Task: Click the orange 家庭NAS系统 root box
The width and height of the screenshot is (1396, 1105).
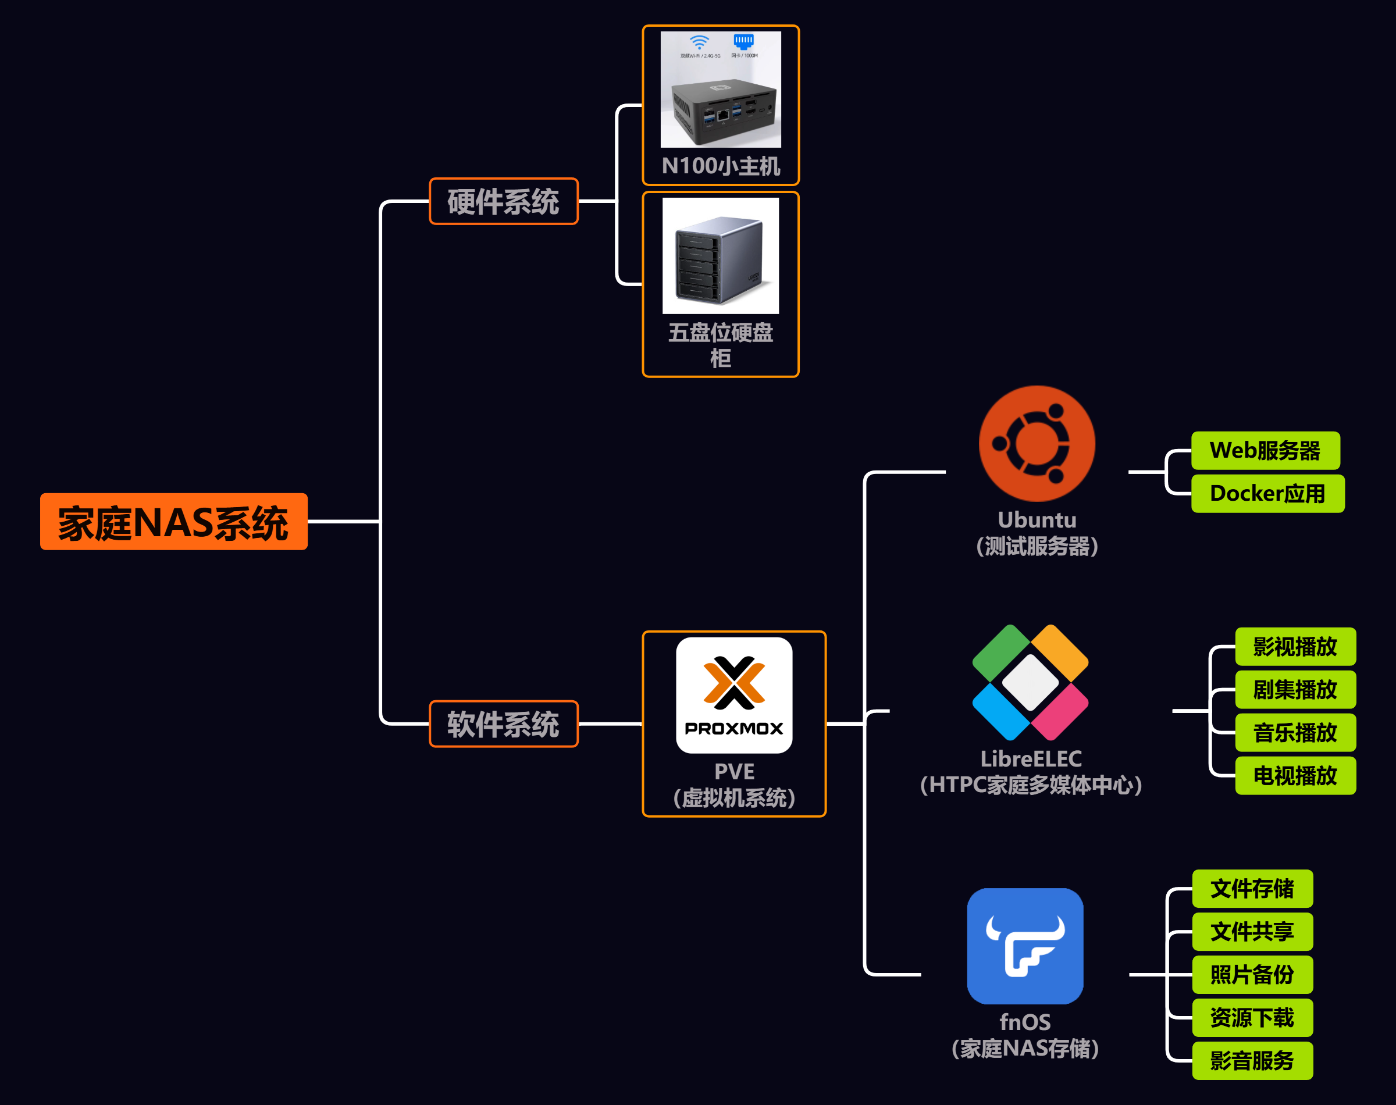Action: (173, 522)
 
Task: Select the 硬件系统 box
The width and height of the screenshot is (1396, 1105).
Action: (503, 201)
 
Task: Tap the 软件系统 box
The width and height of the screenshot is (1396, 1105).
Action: (503, 723)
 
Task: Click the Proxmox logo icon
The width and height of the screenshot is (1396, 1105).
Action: (733, 695)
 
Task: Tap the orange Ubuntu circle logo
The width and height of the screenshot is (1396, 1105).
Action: (1037, 444)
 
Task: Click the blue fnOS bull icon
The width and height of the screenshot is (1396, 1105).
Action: (1025, 945)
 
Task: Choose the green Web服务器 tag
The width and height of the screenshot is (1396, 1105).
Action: (1265, 450)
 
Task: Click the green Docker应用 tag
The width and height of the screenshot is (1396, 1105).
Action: (1267, 494)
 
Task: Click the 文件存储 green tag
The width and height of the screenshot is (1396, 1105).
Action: (1252, 888)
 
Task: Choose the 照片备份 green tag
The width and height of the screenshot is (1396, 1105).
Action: (1252, 974)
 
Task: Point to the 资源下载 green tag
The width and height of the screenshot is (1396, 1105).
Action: (1252, 1018)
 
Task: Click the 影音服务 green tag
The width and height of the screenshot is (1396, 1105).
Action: (1252, 1060)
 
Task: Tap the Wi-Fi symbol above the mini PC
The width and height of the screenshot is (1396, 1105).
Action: (699, 42)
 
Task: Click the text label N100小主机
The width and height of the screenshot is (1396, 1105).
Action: (721, 166)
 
